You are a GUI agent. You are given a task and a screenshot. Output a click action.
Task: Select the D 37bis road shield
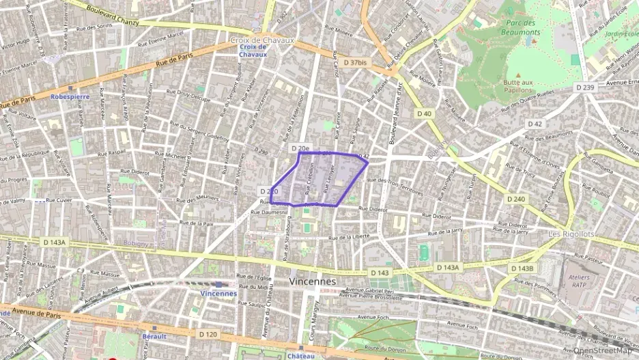click(x=355, y=62)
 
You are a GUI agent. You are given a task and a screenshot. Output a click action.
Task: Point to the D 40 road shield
click(x=424, y=113)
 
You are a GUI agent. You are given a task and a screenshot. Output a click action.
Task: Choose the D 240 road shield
click(x=517, y=199)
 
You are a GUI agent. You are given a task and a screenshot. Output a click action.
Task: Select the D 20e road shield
click(x=300, y=148)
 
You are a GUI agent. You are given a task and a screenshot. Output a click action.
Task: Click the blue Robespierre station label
click(x=70, y=96)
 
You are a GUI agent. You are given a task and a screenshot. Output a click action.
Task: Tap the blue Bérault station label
click(x=154, y=336)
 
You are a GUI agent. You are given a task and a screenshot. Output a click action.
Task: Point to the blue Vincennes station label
click(x=218, y=293)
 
